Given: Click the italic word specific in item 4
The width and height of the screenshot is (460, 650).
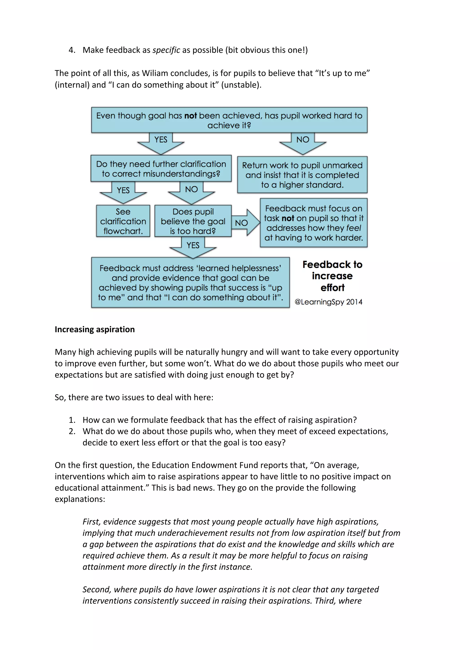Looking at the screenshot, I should pyautogui.click(x=166, y=50).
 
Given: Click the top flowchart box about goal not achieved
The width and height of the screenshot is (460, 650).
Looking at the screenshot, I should pyautogui.click(x=229, y=120).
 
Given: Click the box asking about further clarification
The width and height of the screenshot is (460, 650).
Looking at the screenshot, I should pyautogui.click(x=161, y=169).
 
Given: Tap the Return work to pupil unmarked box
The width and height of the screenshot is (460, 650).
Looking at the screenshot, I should pyautogui.click(x=302, y=175).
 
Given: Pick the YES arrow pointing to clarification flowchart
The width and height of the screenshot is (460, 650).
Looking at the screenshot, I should pyautogui.click(x=123, y=192).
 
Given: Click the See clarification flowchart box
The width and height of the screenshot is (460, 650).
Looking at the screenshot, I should pyautogui.click(x=123, y=221).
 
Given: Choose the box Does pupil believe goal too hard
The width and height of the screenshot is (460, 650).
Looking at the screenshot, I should pyautogui.click(x=193, y=221).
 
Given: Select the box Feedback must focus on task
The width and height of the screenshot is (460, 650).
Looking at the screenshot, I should pyautogui.click(x=314, y=223).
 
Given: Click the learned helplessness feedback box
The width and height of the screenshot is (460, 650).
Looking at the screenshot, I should pyautogui.click(x=190, y=283).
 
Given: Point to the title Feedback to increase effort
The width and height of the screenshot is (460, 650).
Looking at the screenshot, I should pyautogui.click(x=332, y=276).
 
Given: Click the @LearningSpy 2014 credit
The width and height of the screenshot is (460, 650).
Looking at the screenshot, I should pyautogui.click(x=328, y=302).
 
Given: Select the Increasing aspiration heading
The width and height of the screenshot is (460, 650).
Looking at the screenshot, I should pyautogui.click(x=95, y=329).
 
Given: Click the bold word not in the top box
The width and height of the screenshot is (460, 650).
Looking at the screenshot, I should pyautogui.click(x=190, y=116).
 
